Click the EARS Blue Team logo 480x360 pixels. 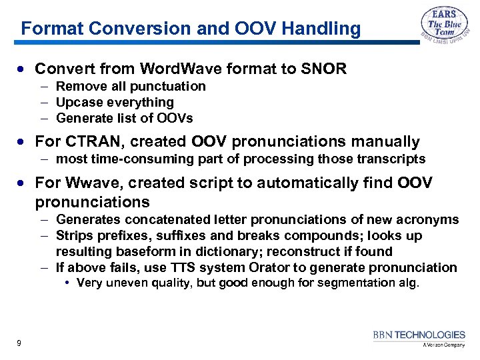pos(444,26)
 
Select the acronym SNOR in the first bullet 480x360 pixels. pos(325,69)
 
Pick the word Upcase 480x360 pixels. pos(77,102)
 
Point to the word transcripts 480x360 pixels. pos(392,159)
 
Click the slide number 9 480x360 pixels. pos(19,343)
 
